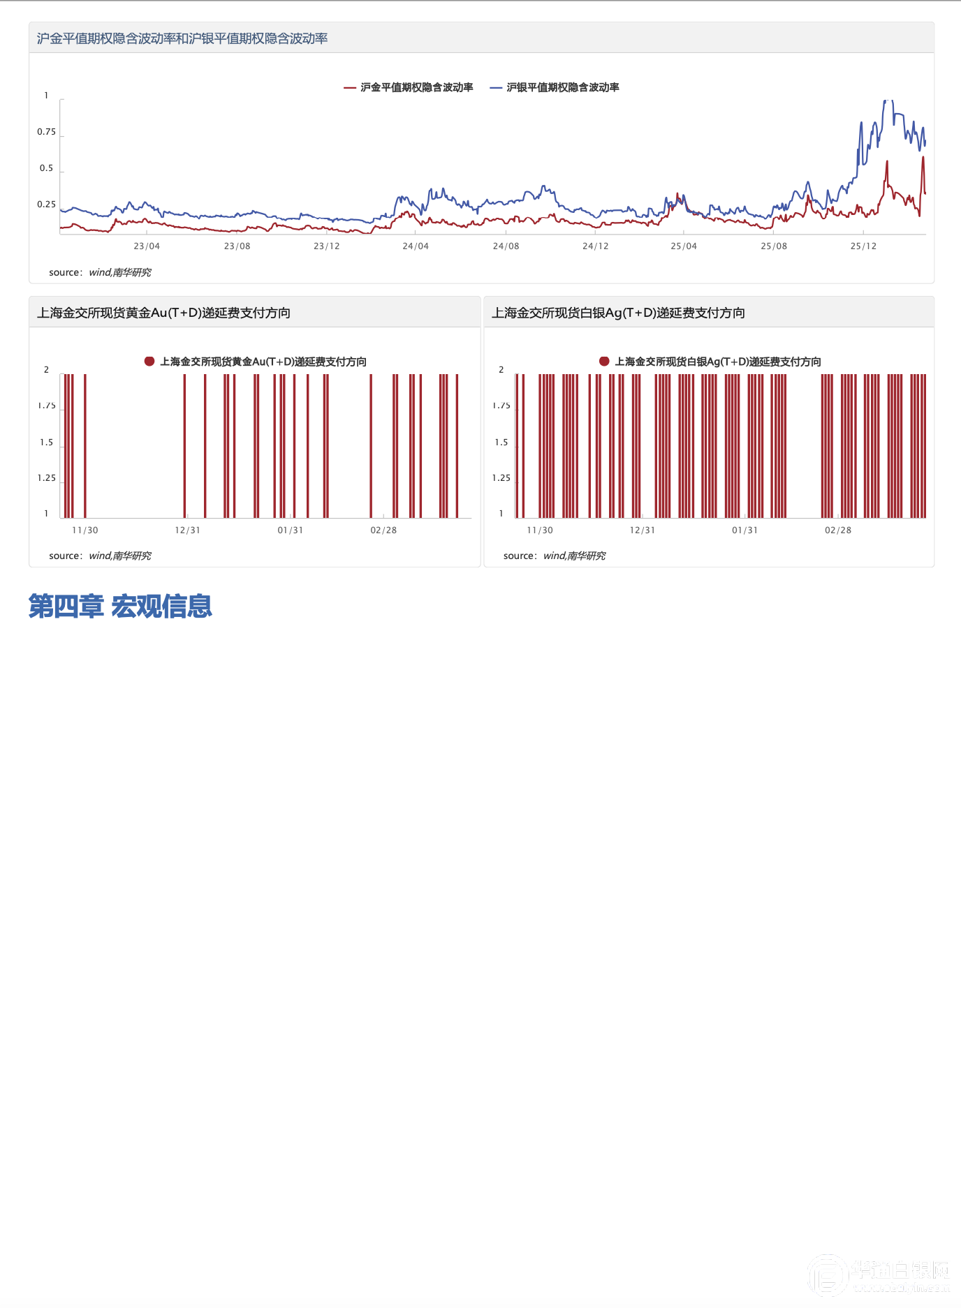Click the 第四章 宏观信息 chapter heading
click(120, 606)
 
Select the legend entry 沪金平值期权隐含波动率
click(416, 87)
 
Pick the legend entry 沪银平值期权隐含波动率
click(562, 87)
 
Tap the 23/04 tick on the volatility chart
click(147, 246)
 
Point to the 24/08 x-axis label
click(506, 246)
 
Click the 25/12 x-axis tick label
click(863, 246)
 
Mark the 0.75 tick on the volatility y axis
click(46, 132)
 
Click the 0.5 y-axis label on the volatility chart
click(46, 168)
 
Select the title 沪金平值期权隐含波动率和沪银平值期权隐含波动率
click(182, 38)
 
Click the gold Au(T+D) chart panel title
click(163, 313)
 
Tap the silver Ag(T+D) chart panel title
click(618, 313)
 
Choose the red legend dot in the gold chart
click(149, 361)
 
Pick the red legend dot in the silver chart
click(604, 361)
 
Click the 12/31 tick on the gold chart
click(187, 530)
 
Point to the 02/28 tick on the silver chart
click(838, 530)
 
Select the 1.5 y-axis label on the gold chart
click(46, 443)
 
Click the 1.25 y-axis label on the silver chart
click(501, 478)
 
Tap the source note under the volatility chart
click(100, 272)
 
